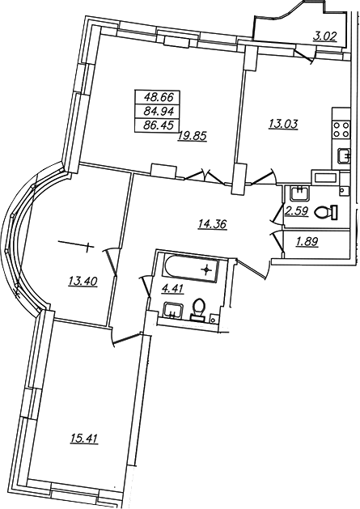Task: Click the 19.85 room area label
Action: [192, 136]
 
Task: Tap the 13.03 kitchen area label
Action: [283, 124]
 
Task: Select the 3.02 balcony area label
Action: [325, 36]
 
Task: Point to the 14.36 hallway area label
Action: [212, 224]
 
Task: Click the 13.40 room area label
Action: [83, 281]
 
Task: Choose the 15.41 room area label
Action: [84, 439]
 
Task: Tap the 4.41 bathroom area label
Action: [173, 289]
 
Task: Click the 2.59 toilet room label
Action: [297, 212]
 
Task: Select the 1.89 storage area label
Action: [307, 242]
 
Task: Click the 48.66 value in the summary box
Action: [159, 97]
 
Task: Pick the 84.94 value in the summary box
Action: [159, 111]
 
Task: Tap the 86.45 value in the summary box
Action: [159, 125]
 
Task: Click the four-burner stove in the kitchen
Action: [341, 129]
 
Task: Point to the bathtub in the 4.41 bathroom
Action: [191, 269]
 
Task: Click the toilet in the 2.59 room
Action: [326, 212]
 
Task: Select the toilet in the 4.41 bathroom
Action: [198, 309]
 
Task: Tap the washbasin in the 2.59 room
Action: [300, 193]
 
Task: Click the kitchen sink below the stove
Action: [344, 156]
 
